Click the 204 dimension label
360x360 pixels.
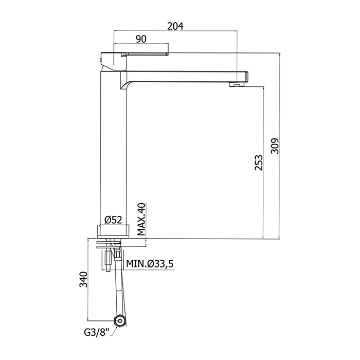(175, 26)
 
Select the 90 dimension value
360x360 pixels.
(141, 39)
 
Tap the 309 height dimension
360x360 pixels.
(275, 146)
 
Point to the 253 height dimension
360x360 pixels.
(259, 163)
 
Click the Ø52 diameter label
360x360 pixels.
(114, 220)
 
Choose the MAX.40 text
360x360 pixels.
(141, 219)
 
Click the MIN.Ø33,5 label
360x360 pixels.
(150, 264)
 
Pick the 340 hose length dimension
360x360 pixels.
(83, 279)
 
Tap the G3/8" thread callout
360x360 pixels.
(97, 332)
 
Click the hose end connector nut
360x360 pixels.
(120, 320)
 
